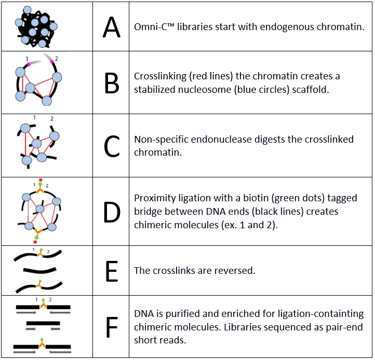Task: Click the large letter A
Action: coord(111,27)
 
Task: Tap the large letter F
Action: coord(111,327)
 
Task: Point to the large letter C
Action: coord(111,147)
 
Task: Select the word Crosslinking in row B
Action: coord(159,76)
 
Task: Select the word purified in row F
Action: coord(174,314)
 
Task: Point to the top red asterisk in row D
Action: coord(41,180)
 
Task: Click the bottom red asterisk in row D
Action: coord(35,242)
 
